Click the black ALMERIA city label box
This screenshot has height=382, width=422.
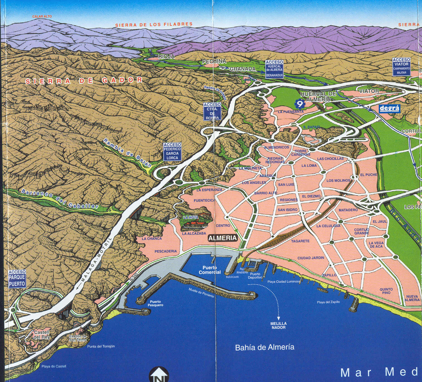223,238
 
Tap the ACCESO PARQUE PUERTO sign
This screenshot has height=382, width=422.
17,279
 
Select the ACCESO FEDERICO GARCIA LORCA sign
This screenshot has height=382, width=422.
172,152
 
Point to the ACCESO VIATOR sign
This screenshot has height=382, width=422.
401,66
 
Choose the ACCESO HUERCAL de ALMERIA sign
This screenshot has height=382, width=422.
274,69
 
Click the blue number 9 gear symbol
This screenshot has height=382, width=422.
300,104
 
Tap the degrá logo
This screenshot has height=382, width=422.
389,108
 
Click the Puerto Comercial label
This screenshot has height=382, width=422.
210,270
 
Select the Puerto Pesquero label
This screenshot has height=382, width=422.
155,303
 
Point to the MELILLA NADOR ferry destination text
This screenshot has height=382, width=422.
278,326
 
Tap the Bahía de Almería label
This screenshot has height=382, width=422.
264,347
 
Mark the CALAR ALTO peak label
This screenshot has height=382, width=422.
42,16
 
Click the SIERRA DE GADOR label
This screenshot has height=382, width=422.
84,81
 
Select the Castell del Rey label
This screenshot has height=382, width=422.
42,335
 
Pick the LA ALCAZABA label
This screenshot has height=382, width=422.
194,233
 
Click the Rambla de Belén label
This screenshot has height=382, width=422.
127,152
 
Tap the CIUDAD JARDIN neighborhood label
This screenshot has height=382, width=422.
311,258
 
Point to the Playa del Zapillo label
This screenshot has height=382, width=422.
328,302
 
